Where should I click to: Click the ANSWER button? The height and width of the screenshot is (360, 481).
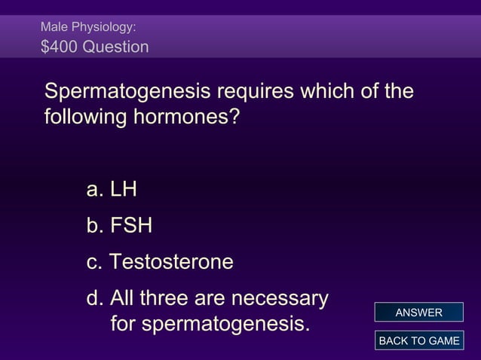(418, 313)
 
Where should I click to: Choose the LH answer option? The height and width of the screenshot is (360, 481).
(123, 190)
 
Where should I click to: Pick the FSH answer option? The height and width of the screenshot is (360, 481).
(130, 226)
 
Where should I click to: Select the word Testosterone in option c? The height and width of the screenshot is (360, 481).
(171, 262)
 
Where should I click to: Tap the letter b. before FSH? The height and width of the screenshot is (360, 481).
(95, 226)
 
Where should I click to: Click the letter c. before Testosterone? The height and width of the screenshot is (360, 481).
(95, 262)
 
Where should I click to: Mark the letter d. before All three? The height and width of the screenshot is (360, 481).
(95, 299)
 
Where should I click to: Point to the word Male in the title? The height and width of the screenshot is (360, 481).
(54, 26)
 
